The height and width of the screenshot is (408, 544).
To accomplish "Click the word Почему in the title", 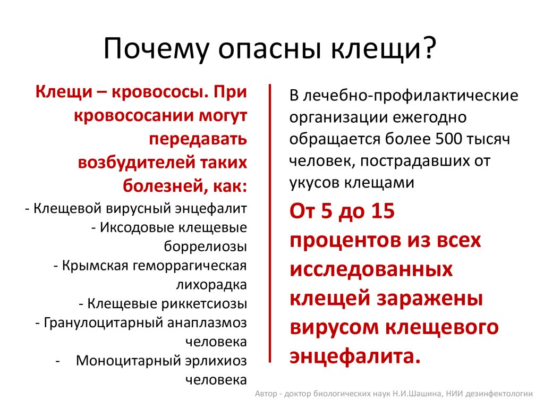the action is click(156, 49).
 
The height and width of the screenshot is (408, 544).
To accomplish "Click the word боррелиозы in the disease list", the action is click(206, 246).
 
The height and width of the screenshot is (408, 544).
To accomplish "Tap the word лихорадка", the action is click(211, 285).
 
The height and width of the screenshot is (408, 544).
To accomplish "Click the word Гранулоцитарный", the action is click(104, 323).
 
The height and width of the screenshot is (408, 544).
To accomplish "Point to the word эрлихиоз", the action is click(216, 361).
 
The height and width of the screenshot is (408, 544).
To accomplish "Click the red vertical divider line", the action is click(269, 223).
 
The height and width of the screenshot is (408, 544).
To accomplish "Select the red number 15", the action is click(382, 210).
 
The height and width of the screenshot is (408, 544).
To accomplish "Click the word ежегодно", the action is click(429, 117).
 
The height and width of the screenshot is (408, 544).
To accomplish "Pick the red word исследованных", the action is click(371, 269).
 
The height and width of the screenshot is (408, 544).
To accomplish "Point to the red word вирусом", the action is click(334, 327).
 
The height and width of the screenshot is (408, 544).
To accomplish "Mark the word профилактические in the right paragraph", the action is click(446, 96).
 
